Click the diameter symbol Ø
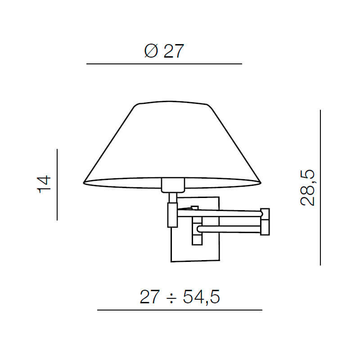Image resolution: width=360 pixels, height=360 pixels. (151, 51)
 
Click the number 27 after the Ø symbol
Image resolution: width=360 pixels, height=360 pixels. (174, 51)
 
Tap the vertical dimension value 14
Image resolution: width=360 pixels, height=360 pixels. (45, 184)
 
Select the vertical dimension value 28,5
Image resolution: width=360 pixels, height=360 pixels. (308, 188)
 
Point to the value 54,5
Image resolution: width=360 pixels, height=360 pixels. (201, 297)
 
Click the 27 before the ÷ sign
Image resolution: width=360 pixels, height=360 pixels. (149, 297)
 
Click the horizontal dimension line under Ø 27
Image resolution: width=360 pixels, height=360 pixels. (164, 64)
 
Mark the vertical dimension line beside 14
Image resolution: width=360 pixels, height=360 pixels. (58, 184)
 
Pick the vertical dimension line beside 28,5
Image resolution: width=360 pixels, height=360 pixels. (320, 188)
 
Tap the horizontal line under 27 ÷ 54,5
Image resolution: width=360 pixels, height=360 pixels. (180, 310)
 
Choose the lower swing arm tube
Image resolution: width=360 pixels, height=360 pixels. (229, 229)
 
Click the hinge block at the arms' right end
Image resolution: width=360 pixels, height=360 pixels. (265, 221)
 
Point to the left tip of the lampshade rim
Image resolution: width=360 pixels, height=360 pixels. (85, 182)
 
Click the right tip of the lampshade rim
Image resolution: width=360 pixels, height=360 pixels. (261, 182)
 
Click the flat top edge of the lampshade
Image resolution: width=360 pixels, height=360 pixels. (173, 102)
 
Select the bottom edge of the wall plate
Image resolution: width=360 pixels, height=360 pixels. (195, 261)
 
